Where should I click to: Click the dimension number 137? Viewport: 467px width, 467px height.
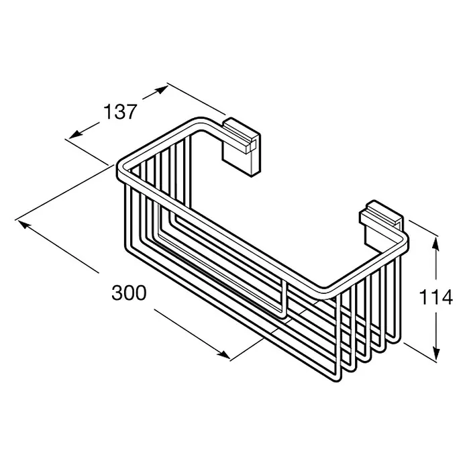tap(120, 111)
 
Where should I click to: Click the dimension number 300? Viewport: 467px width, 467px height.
tap(129, 293)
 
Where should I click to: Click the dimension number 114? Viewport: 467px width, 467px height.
tap(435, 297)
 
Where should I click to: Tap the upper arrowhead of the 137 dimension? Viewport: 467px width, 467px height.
tap(162, 89)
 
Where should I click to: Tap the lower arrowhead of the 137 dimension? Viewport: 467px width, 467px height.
tap(75, 134)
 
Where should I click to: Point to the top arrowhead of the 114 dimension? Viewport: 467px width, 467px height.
tap(435, 243)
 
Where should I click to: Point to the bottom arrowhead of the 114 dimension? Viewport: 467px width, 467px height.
tap(436, 354)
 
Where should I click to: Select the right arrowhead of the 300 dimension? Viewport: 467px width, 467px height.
tap(223, 354)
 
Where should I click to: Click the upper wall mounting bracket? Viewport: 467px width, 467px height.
tap(242, 147)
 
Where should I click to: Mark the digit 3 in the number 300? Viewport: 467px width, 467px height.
tap(117, 293)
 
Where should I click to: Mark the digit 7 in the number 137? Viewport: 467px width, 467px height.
tap(132, 111)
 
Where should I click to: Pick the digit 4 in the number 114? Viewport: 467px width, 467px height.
tap(447, 297)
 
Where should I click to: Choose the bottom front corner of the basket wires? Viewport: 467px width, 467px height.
tap(338, 378)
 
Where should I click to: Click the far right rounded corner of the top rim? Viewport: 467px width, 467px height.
tap(405, 243)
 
